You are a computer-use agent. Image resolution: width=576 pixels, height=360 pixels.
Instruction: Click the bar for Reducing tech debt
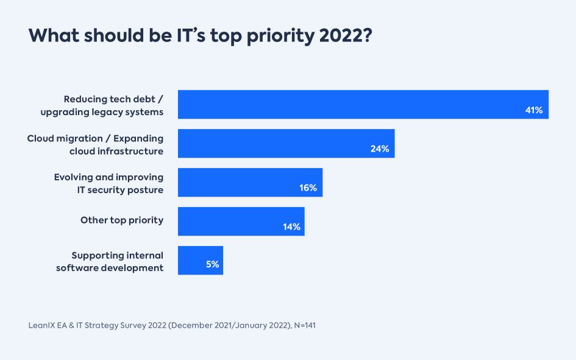pos(363,104)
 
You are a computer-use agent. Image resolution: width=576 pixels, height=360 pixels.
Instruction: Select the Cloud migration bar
pos(286,143)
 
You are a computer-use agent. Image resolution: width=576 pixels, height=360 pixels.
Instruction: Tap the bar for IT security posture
pos(250,182)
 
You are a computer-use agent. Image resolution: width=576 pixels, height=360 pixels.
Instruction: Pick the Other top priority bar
pos(241,221)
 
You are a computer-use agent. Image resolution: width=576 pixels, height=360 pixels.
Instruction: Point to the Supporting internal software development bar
pos(200,260)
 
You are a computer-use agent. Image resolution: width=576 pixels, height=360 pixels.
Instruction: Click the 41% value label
pos(533,110)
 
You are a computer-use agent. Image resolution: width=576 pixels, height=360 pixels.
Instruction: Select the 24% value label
pos(379,149)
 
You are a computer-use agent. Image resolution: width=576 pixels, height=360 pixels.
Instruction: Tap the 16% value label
pos(308,188)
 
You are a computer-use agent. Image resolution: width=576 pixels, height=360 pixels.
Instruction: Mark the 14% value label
pos(291,227)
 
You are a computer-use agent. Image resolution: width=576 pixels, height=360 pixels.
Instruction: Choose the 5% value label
pos(212,266)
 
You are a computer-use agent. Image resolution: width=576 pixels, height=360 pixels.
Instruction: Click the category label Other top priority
pos(122,220)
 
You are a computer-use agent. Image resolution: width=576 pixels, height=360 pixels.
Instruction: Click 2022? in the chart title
pos(346,35)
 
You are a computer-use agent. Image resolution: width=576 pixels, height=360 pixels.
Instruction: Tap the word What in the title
pos(54,35)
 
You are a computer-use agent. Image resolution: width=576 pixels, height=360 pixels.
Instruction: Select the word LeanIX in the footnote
pos(42,325)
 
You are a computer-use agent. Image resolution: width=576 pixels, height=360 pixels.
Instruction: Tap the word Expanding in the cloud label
pos(138,138)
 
